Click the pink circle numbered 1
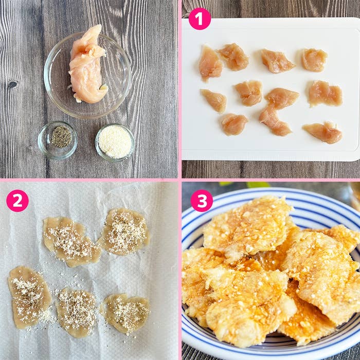pyautogui.click(x=200, y=19)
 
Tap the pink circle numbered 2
pyautogui.click(x=17, y=201)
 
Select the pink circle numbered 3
pyautogui.click(x=202, y=201)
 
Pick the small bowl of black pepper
pyautogui.click(x=58, y=140)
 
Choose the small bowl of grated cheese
pyautogui.click(x=115, y=142)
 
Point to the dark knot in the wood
pyautogui.click(x=12, y=84)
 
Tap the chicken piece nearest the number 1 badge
pyautogui.click(x=210, y=62)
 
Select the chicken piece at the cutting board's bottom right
pyautogui.click(x=323, y=133)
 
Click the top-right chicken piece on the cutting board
pyautogui.click(x=314, y=60)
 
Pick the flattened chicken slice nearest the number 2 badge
pyautogui.click(x=71, y=242)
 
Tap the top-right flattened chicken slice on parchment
pyautogui.click(x=124, y=231)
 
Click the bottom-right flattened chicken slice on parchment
pyautogui.click(x=125, y=313)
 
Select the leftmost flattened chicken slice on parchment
pyautogui.click(x=29, y=297)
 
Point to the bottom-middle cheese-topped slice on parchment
pyautogui.click(x=76, y=312)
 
